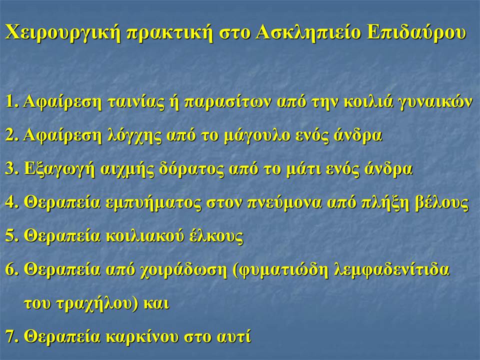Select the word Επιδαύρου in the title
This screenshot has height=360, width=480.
pos(416,32)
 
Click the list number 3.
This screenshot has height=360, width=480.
pos(11,169)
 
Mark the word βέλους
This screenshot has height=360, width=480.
pos(442,202)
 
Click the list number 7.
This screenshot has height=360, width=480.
pos(11,336)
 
